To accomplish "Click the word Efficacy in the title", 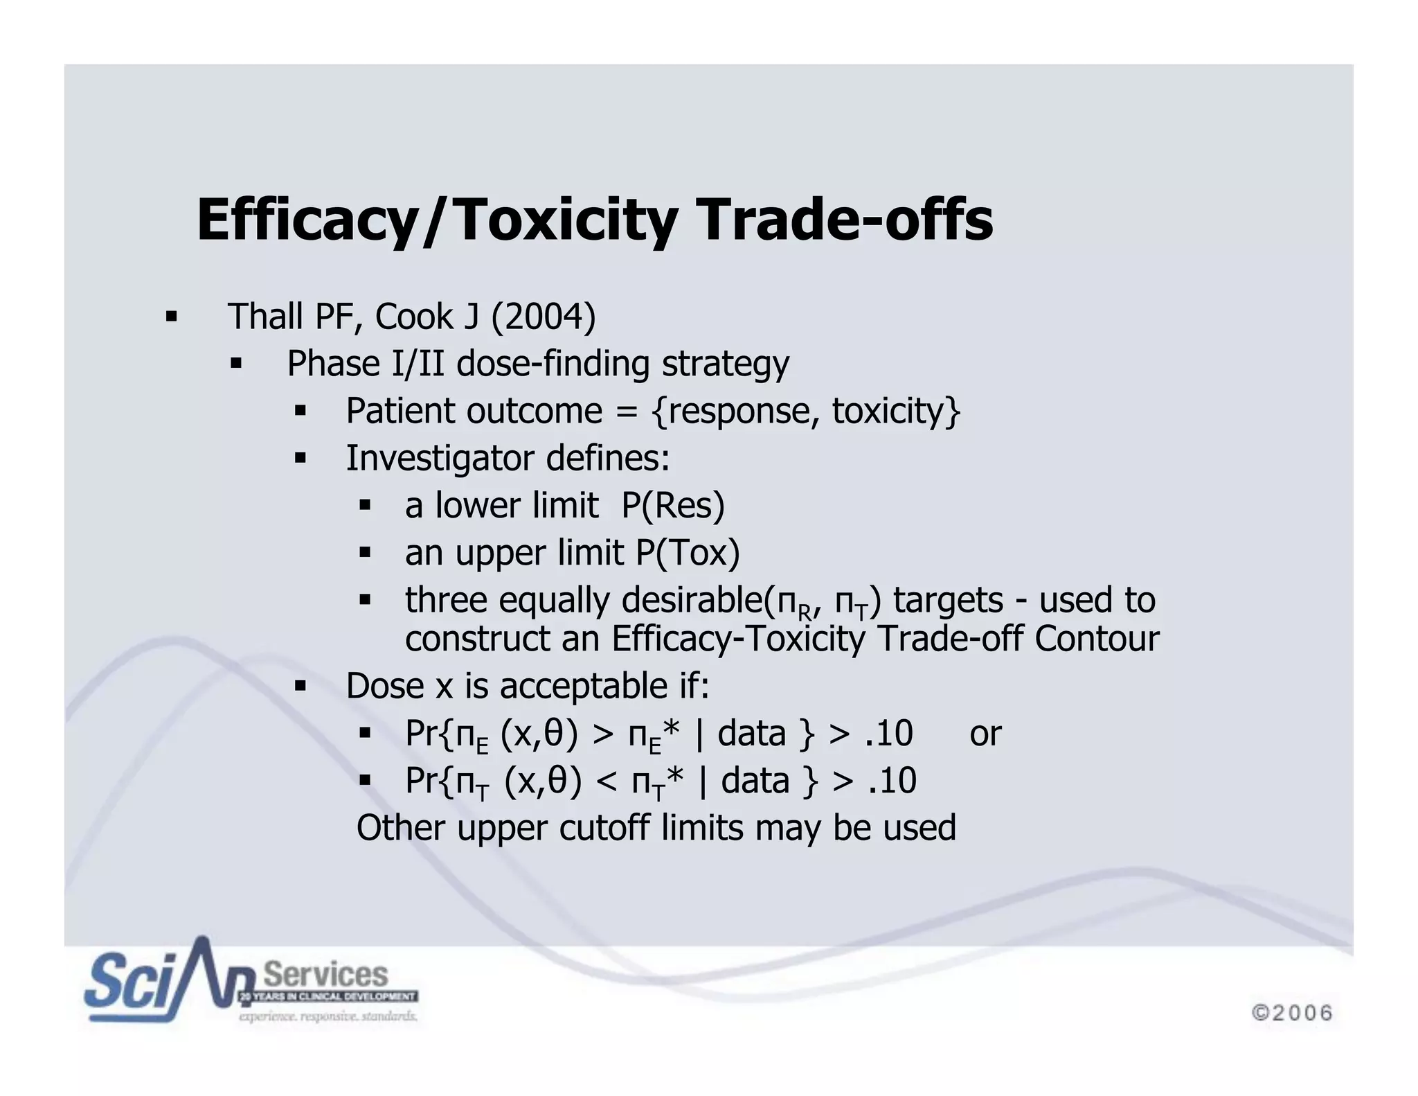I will [x=307, y=220].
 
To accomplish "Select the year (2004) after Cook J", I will [x=544, y=317].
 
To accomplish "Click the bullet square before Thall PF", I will [x=171, y=318].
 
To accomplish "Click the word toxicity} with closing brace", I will [x=896, y=411].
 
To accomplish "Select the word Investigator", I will [x=440, y=458].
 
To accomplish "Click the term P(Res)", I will [x=672, y=505].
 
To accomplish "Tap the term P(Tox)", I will [x=688, y=552].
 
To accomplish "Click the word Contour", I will [x=1097, y=638].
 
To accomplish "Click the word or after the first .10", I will [x=985, y=733].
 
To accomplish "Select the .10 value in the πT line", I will [x=892, y=780].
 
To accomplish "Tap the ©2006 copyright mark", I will [x=1292, y=1012].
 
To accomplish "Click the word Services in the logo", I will [x=325, y=974].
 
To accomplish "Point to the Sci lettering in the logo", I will [x=128, y=980].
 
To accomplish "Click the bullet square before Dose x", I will [x=300, y=687].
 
